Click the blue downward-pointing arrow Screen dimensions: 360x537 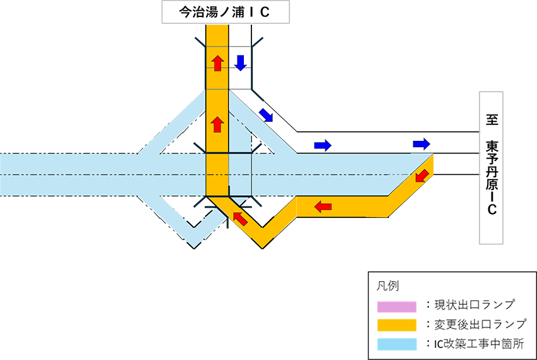240,63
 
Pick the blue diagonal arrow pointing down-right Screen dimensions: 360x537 266,114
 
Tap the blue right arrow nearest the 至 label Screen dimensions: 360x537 421,143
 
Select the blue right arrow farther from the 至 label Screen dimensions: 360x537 322,145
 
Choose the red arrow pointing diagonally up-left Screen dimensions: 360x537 239,219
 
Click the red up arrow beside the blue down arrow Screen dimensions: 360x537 217,63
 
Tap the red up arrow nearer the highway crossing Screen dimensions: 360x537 217,123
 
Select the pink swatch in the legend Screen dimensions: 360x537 397,306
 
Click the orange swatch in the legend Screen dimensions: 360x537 397,325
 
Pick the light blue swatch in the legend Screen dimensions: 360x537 397,344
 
